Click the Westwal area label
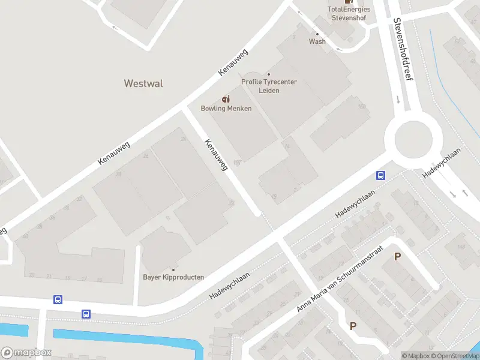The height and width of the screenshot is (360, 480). pos(143,83)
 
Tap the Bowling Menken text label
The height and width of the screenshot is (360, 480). pos(226,109)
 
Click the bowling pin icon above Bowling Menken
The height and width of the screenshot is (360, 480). pos(226,99)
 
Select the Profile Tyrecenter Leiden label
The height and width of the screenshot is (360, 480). pos(269,86)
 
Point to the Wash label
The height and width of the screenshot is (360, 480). pos(317,41)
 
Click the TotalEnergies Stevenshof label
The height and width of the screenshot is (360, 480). pos(349,13)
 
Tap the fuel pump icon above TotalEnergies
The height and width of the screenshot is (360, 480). pos(349,2)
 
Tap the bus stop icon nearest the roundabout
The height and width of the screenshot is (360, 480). pos(380,176)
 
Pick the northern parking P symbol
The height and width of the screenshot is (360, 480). pos(397,257)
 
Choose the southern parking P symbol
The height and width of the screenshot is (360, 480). pos(353,326)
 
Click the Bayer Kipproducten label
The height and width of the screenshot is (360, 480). pos(173,277)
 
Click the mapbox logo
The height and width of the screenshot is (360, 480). pos(26,353)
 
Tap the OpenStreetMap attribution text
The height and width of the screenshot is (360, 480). pos(454,356)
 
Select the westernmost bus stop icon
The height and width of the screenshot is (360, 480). pos(58,299)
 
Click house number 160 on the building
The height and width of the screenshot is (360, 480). pos(361,107)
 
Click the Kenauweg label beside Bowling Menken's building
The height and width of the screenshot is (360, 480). pos(216,156)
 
